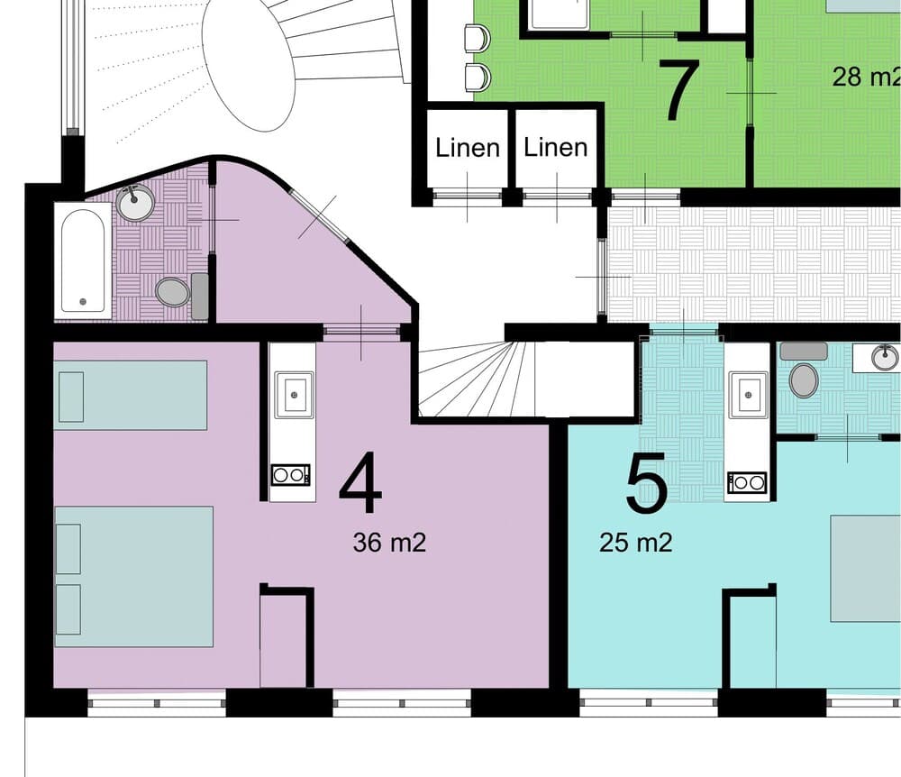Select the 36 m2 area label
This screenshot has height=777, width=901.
(389, 543)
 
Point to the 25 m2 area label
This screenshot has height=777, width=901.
(636, 543)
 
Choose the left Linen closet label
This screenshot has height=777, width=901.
(468, 148)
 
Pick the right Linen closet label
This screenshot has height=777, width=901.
(556, 148)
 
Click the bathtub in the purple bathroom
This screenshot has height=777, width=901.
(83, 261)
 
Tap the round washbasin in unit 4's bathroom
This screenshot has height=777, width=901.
(136, 203)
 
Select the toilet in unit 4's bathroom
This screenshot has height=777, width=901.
(172, 292)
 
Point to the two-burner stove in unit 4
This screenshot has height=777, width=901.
(291, 475)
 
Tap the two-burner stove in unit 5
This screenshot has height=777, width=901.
(748, 483)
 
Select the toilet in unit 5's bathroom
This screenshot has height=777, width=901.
(803, 379)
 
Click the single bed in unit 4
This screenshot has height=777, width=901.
(131, 395)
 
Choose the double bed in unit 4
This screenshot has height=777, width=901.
(133, 576)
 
